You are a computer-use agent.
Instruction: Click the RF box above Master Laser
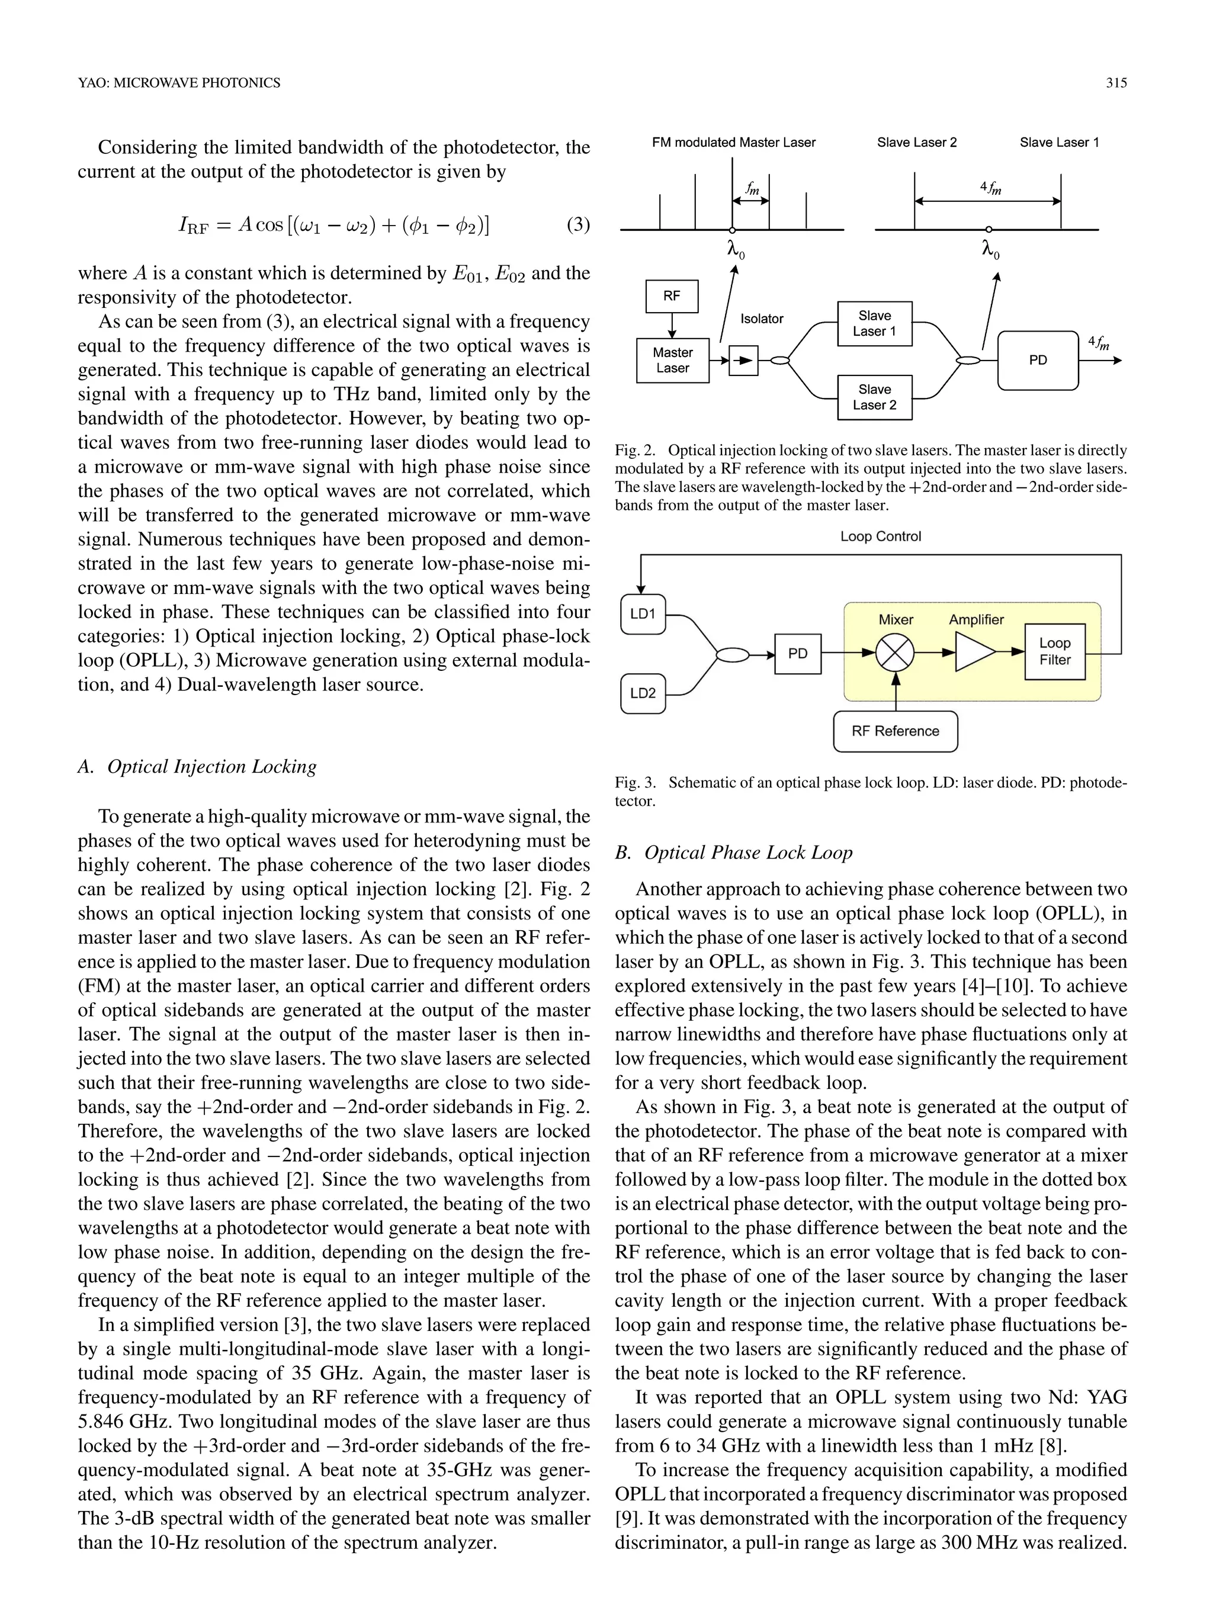point(671,296)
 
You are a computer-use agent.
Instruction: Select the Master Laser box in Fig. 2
point(672,361)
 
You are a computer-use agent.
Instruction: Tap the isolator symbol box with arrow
point(743,361)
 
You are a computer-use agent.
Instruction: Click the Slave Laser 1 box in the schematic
point(874,323)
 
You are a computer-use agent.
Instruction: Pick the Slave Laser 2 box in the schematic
point(874,398)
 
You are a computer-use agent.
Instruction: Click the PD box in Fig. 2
point(1038,361)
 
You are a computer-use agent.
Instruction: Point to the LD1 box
point(643,614)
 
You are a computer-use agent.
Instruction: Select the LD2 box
point(643,693)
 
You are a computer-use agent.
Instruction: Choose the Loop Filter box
point(1054,651)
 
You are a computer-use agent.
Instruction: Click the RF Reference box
point(895,731)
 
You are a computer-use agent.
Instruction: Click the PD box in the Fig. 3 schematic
point(798,654)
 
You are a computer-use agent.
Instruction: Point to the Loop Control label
point(880,536)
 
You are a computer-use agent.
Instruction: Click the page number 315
point(1116,83)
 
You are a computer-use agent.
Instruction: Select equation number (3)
point(577,224)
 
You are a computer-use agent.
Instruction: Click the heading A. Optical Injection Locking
point(197,766)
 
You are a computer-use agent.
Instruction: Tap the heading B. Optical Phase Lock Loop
point(733,853)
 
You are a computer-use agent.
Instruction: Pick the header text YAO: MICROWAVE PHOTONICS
point(179,83)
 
